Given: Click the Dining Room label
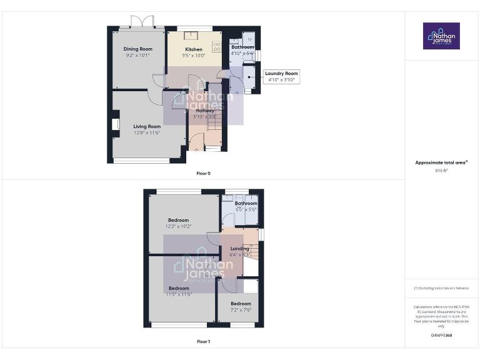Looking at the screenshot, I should coord(137,49).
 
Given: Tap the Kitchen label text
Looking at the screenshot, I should coord(194,49).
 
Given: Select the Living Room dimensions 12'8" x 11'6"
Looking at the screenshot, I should coord(147,132).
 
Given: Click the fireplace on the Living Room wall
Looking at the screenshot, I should coord(116,124).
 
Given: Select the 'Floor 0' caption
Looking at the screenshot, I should coord(203,173).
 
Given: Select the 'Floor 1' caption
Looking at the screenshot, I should coord(203,342).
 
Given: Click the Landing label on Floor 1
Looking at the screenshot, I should coord(239,248).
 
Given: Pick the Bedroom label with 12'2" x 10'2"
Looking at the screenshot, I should coord(179,219).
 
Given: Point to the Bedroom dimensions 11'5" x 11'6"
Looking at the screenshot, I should coord(179,294).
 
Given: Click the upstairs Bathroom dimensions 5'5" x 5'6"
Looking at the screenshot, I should coord(246,209).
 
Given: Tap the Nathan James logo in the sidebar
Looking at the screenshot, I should coord(441,36).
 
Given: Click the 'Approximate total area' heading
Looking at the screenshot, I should coord(441,162).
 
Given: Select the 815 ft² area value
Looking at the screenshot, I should coord(441,170).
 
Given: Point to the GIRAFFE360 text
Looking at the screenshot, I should coord(441,336).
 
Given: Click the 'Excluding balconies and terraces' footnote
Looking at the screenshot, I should coord(441,288).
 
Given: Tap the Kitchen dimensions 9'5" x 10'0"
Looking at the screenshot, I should coord(194,56).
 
